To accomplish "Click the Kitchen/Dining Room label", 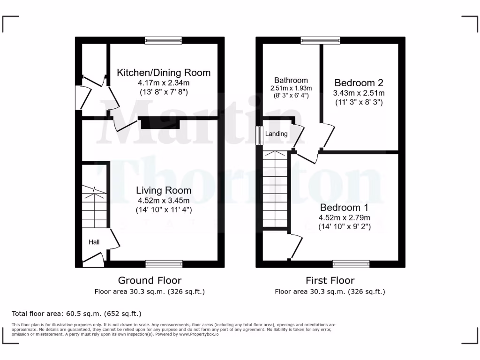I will pos(164,73).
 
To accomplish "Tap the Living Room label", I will pos(164,190).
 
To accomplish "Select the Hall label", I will pos(94,242).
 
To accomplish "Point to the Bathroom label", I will pos(291,80).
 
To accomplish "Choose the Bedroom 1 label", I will pos(344,207).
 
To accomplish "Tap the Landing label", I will pos(276,134).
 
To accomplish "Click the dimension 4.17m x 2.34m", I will pos(164,83).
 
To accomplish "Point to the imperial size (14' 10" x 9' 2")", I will pos(344,227).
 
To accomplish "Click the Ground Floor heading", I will pos(150,280).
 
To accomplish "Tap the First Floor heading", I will pos(330,280).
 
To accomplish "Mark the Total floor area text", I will pos(76,314).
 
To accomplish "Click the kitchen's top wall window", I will pos(163,41).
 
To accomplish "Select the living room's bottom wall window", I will pos(164,264).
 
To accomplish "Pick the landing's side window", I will pos(258,135).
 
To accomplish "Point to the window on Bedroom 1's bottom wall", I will pos(351,264).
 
